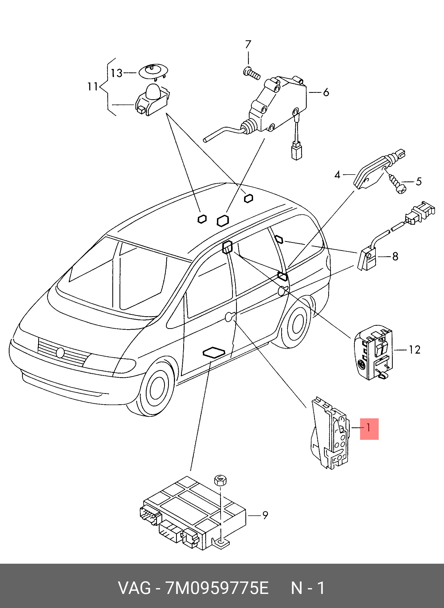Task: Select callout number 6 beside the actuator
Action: tap(326, 92)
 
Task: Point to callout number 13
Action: tap(117, 73)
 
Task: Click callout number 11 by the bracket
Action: tap(93, 87)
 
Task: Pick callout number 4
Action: tap(337, 175)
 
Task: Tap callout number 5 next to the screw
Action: tap(419, 182)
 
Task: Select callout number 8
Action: tap(395, 256)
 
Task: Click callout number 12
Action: tap(414, 350)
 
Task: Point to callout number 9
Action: tap(265, 515)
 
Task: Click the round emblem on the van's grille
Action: tap(61, 353)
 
